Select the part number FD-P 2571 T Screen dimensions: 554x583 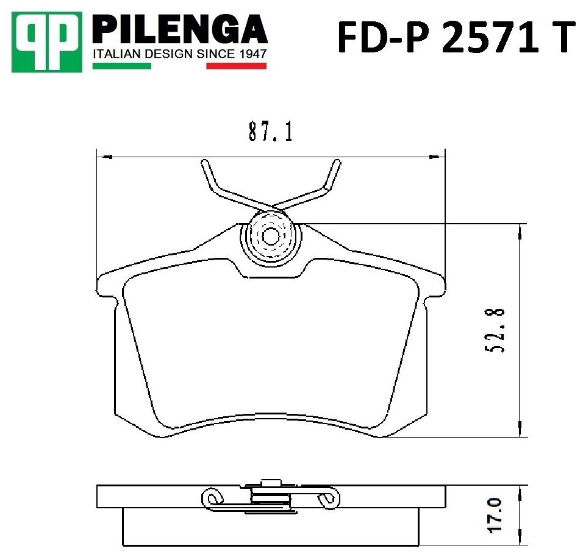pos(456,36)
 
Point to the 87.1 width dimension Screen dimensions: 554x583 pos(270,132)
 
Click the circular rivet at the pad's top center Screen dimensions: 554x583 pos(270,236)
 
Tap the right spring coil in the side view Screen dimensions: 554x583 pos(328,498)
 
